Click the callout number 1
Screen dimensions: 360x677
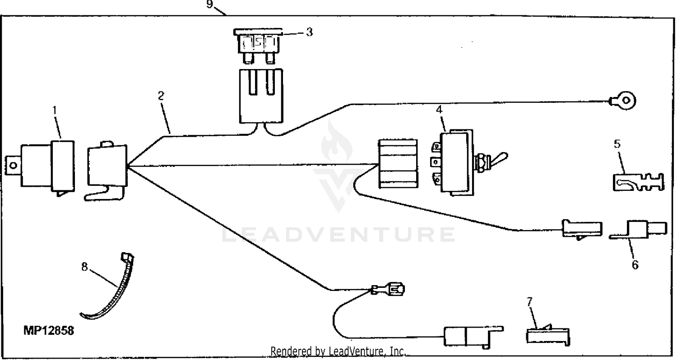pos(54,110)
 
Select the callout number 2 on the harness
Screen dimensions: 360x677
pos(161,96)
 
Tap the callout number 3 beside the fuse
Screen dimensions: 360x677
pos(309,32)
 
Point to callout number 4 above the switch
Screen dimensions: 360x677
pos(439,110)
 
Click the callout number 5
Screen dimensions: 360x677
pos(617,144)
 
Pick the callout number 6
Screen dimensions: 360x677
pos(635,265)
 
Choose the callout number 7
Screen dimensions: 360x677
pos(530,302)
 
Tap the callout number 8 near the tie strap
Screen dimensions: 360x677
pos(84,267)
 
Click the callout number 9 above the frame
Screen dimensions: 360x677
pos(209,5)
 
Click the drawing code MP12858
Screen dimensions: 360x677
pos(49,331)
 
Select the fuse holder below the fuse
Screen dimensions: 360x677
pos(260,96)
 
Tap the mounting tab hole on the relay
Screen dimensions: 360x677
pos(13,165)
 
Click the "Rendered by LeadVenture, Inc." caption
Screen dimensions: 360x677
pos(338,351)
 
